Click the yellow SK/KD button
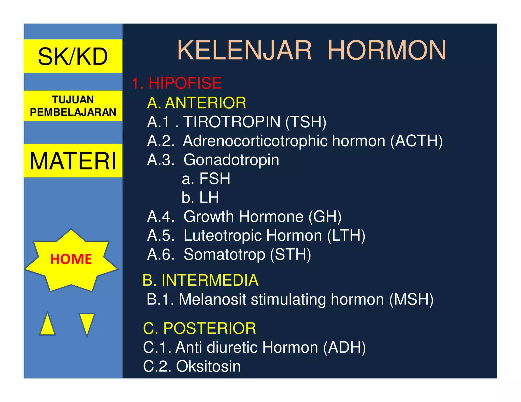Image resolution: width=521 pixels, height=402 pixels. point(73,56)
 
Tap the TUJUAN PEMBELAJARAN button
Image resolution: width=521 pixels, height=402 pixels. point(73,106)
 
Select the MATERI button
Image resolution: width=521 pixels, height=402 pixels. point(73,161)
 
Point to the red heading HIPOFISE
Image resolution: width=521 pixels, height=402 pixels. point(185,83)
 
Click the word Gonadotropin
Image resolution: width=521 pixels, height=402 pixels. point(231,160)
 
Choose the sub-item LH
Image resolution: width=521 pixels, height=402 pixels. point(209,197)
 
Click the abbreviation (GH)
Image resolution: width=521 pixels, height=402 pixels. point(325,217)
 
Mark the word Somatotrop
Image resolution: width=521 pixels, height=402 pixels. point(224,254)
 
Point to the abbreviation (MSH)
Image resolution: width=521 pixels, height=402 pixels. point(411,299)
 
